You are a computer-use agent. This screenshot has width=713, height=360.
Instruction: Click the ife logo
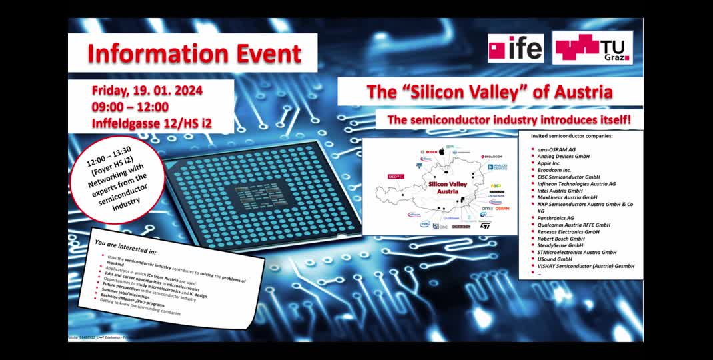[x=515, y=48]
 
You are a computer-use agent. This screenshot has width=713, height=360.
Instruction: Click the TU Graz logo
[x=592, y=47]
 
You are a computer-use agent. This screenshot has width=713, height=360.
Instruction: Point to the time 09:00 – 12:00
[x=131, y=107]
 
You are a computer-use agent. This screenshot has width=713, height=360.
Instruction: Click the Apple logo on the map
[x=440, y=151]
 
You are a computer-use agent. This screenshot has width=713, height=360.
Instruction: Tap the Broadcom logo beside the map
[x=491, y=157]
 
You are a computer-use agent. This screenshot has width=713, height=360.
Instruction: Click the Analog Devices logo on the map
[x=498, y=167]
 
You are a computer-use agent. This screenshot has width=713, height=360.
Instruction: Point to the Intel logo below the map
[x=424, y=225]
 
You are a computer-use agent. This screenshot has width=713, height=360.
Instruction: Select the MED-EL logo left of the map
[x=396, y=177]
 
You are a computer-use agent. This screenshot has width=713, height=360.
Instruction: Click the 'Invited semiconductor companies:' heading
[x=571, y=136]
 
